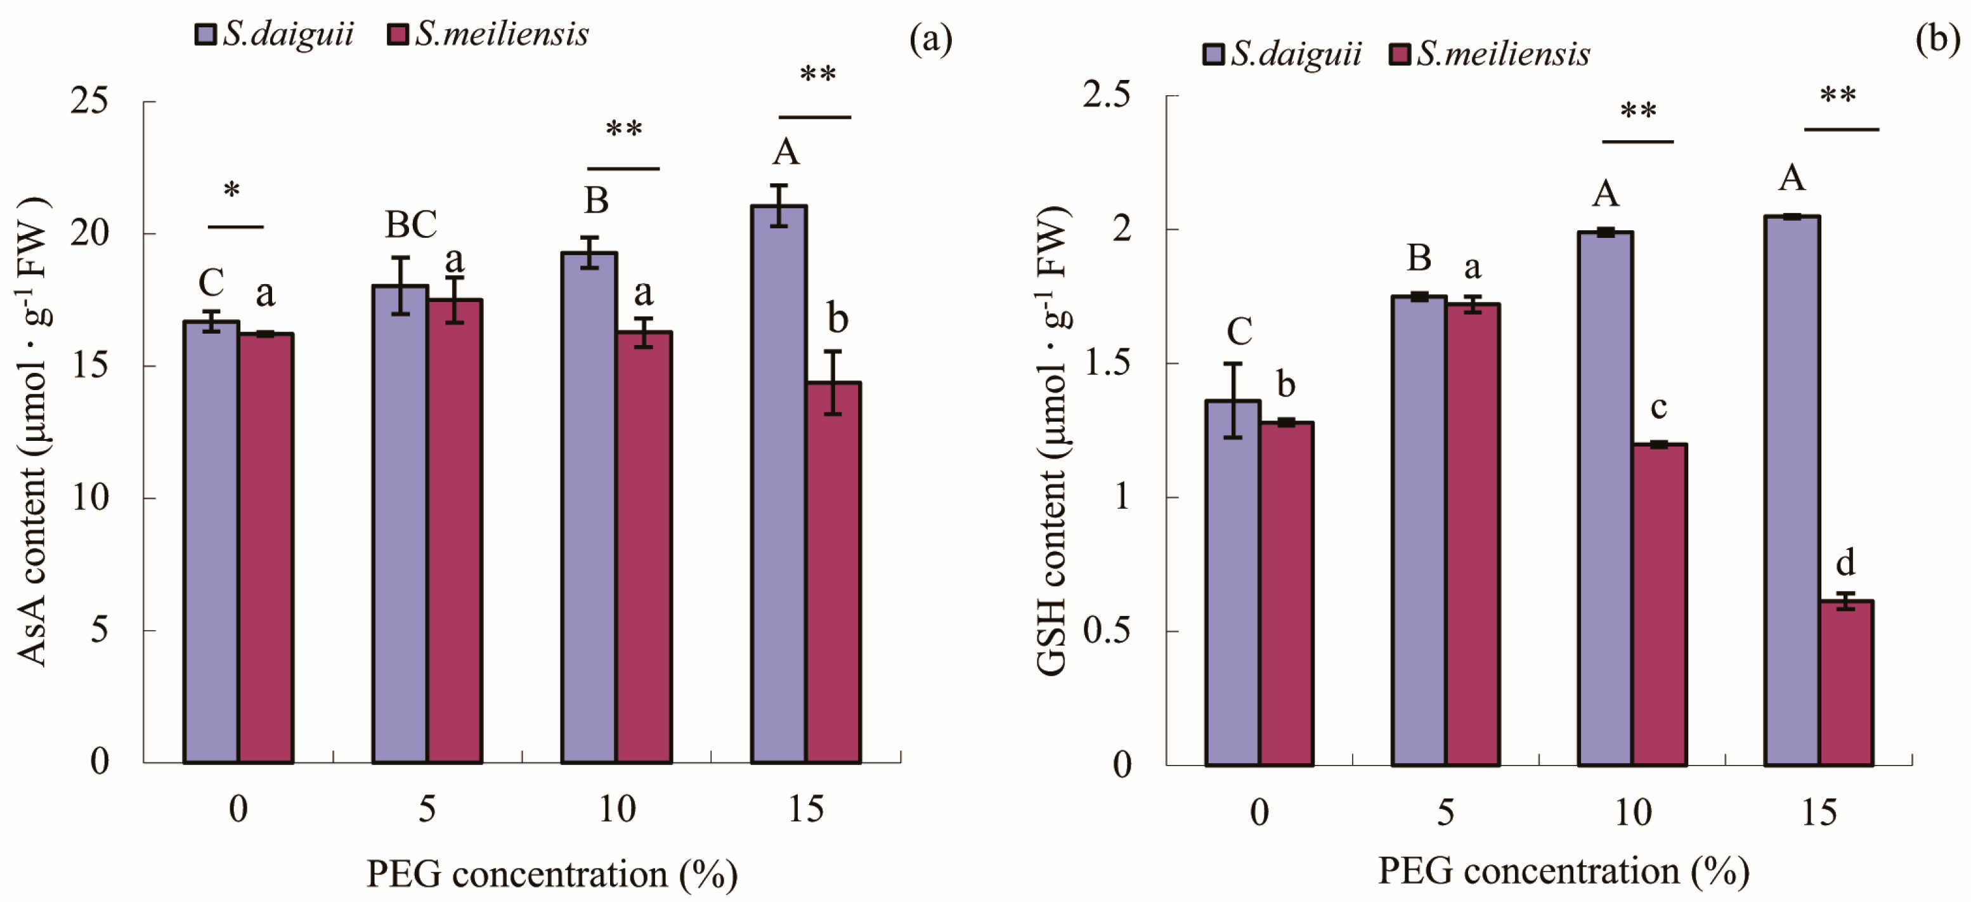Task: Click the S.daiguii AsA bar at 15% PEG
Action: coord(779,484)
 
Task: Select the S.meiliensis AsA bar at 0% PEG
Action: coord(266,548)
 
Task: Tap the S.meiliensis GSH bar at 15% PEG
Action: coord(1845,683)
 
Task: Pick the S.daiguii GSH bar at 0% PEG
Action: coord(1233,582)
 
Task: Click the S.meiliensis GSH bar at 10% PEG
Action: coord(1660,605)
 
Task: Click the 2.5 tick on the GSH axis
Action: coord(1107,95)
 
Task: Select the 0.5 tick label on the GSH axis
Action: coord(1107,631)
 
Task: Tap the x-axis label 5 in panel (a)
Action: coord(427,809)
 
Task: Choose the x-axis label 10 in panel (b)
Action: coord(1633,812)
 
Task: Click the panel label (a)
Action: coord(930,38)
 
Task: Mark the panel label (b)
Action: coord(1937,38)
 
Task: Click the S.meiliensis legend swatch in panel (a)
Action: coord(397,34)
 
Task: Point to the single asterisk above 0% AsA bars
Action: coord(232,190)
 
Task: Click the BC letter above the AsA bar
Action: coord(411,225)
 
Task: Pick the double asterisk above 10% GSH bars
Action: coord(1638,111)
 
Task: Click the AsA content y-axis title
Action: coord(33,432)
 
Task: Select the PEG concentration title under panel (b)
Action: coord(1563,872)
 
